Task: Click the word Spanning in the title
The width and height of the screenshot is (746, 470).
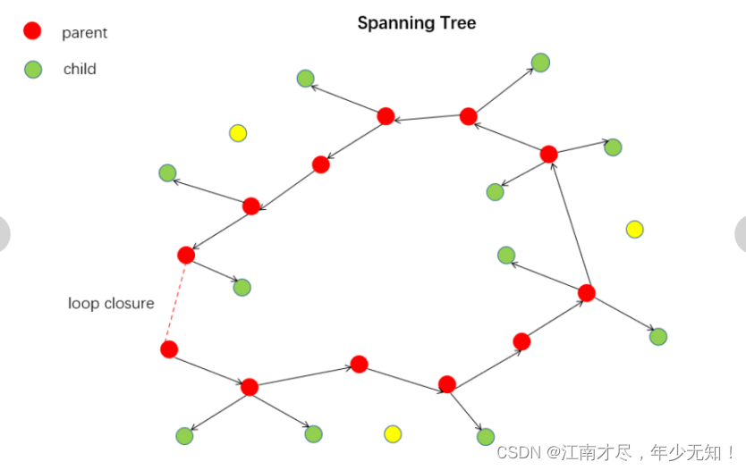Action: click(387, 23)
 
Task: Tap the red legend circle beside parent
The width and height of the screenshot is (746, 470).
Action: click(32, 31)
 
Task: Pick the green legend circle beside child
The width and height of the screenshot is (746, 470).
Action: click(32, 69)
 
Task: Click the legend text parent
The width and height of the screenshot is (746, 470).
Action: click(84, 33)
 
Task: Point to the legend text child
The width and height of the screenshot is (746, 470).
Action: click(80, 69)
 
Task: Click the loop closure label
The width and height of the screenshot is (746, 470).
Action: click(111, 303)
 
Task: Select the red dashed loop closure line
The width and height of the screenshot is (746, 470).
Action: click(177, 302)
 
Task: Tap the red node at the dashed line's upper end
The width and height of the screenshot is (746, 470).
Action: click(186, 255)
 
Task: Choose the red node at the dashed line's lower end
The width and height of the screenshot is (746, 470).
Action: click(169, 349)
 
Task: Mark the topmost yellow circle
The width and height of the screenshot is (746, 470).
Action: click(238, 133)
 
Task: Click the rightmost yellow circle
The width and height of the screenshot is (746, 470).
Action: click(634, 229)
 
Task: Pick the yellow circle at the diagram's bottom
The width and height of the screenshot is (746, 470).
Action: click(392, 433)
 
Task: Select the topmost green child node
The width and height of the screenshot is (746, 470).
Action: click(540, 62)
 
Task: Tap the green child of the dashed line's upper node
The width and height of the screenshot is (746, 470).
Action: click(242, 287)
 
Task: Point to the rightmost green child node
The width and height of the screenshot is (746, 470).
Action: click(658, 337)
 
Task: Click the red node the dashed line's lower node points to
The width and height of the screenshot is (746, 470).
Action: click(250, 387)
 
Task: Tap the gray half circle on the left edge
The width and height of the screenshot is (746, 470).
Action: click(4, 234)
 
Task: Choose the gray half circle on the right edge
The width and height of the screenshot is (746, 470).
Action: click(741, 234)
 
